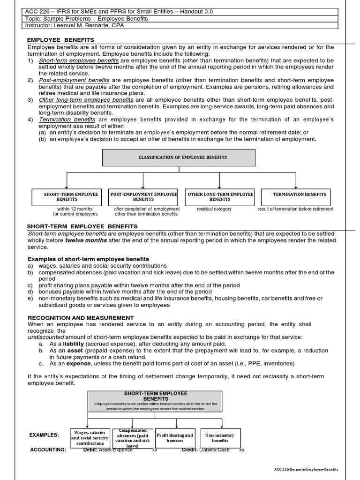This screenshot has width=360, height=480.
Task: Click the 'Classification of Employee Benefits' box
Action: pyautogui.click(x=179, y=157)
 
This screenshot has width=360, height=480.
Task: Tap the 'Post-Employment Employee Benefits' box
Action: pyautogui.click(x=143, y=197)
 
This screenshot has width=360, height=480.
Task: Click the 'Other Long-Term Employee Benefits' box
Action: pyautogui.click(x=220, y=197)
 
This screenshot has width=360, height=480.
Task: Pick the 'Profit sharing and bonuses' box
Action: pyautogui.click(x=174, y=438)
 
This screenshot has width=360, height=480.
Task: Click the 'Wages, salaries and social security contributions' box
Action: pyautogui.click(x=90, y=438)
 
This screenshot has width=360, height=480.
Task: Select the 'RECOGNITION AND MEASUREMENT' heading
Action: pyautogui.click(x=81, y=318)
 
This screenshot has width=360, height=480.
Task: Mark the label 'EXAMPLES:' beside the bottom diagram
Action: pyautogui.click(x=44, y=435)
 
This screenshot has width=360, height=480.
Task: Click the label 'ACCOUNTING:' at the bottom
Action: pyautogui.click(x=48, y=450)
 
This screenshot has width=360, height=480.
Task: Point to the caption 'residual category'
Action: pyautogui.click(x=214, y=209)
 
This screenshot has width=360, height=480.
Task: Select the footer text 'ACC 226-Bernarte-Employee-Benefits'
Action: pyautogui.click(x=306, y=469)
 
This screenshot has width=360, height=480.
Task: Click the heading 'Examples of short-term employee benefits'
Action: pyautogui.click(x=88, y=259)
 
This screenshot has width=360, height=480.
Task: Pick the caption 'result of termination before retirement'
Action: pyautogui.click(x=295, y=209)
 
